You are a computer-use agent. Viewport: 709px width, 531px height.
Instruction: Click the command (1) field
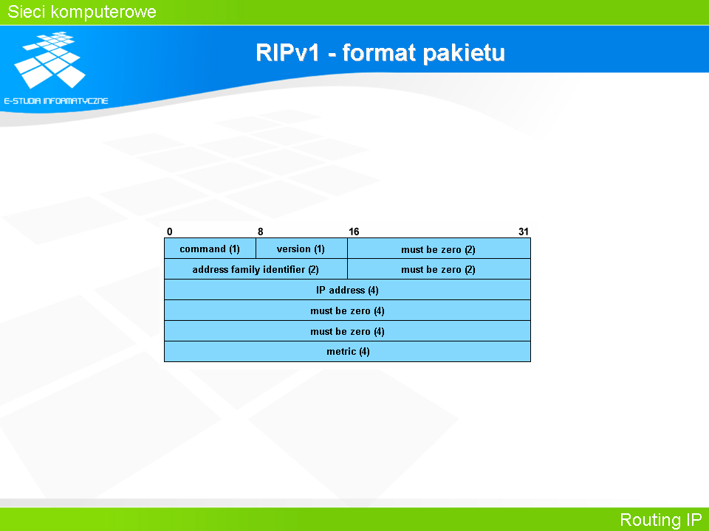(210, 249)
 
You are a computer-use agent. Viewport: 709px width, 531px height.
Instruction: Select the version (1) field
(301, 249)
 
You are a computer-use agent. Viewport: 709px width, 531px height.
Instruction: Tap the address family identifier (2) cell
(256, 269)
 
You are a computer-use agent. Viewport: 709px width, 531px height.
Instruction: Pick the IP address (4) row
(347, 290)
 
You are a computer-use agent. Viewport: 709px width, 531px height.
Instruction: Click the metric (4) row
(347, 351)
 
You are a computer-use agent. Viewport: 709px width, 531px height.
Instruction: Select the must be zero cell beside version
(439, 249)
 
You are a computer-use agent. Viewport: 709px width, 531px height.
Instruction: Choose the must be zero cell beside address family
(439, 269)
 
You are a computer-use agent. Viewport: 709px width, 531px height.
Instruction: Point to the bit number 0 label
(170, 232)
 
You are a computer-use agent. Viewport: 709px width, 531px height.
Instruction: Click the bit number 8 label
(261, 232)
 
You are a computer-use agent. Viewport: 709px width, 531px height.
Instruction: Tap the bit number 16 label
(354, 232)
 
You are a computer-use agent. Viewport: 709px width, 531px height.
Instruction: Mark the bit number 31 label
(523, 232)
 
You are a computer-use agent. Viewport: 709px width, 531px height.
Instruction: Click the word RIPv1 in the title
(287, 52)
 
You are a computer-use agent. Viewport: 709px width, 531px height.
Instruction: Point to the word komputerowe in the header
(103, 13)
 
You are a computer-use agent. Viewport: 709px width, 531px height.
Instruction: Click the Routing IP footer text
(660, 520)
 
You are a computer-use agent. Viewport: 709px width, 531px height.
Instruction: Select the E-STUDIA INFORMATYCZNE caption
(56, 101)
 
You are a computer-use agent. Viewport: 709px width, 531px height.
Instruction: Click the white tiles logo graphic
(50, 59)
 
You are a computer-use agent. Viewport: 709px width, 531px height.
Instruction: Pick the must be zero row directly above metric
(347, 331)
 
